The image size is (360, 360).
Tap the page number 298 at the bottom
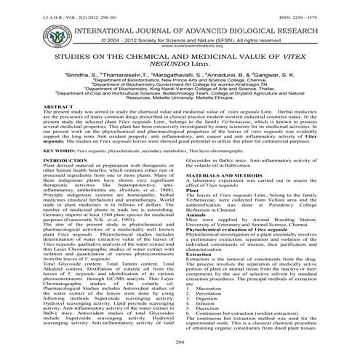(180, 340)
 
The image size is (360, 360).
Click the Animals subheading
(196, 235)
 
